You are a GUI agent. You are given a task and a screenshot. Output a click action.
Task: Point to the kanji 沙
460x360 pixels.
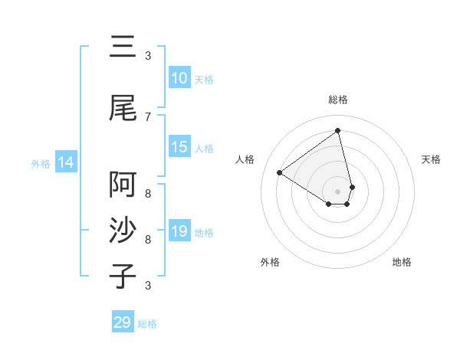pos(123,231)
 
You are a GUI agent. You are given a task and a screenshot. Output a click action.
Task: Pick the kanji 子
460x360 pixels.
pos(123,276)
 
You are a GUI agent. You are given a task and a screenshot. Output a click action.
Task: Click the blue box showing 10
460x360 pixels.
pos(179,78)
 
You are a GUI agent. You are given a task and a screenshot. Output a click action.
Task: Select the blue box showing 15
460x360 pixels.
pos(179,147)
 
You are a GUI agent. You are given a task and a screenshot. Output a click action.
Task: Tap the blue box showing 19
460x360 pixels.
pos(179,231)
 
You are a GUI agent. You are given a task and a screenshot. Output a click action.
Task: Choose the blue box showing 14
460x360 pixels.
pos(66,162)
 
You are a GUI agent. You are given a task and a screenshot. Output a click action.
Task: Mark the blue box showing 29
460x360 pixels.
pos(123,322)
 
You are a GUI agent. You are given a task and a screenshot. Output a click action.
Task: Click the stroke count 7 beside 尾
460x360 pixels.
pos(148,116)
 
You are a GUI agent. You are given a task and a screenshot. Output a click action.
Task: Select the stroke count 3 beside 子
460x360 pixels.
pos(148,285)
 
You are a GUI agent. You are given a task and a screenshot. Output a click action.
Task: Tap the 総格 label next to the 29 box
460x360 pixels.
pos(147,324)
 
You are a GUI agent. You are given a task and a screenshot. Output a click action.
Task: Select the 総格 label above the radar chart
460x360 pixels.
pos(338,100)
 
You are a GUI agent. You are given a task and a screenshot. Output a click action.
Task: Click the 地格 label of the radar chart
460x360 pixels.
pos(402,262)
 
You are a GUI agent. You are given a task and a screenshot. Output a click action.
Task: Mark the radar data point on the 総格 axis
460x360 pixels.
pos(338,130)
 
